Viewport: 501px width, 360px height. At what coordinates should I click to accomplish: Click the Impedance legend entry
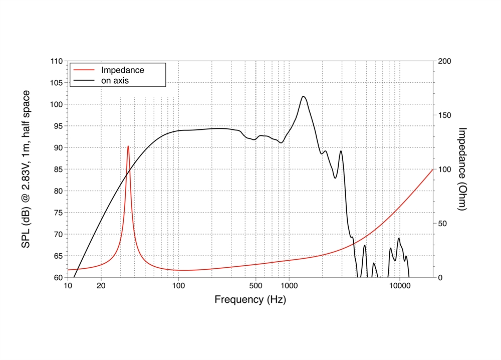tap(122, 70)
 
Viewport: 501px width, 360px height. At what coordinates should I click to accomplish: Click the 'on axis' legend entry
tap(116, 80)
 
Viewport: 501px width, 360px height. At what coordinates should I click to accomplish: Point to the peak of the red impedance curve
tap(128, 146)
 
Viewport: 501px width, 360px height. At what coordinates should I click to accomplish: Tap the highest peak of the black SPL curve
tap(304, 96)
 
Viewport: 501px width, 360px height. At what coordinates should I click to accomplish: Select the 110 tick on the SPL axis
tap(56, 61)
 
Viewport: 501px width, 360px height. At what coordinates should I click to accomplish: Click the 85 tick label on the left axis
tap(58, 169)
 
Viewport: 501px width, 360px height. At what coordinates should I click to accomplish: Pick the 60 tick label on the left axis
tap(58, 277)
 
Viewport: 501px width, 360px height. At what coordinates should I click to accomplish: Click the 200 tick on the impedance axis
tap(445, 61)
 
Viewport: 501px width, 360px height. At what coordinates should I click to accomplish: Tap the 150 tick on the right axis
tap(445, 115)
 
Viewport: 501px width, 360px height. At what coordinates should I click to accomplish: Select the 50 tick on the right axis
tap(443, 224)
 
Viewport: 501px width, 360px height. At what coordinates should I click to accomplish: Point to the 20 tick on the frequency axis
tap(101, 286)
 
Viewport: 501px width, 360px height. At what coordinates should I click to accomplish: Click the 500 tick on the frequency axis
tap(256, 286)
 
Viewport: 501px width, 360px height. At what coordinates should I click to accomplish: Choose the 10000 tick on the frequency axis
tap(399, 286)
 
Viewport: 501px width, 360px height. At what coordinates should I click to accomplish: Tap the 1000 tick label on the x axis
tap(289, 286)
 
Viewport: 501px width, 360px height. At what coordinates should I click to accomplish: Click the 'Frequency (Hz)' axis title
tap(250, 300)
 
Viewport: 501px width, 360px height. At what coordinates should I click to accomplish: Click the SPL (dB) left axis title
tap(26, 169)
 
